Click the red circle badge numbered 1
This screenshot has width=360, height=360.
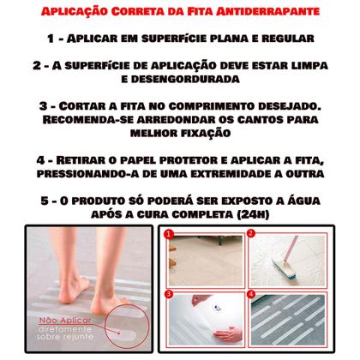click(170, 232)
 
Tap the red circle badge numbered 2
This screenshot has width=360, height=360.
click(252, 232)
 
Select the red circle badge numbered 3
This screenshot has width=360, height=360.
click(170, 293)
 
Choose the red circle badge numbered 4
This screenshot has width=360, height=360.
click(252, 293)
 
